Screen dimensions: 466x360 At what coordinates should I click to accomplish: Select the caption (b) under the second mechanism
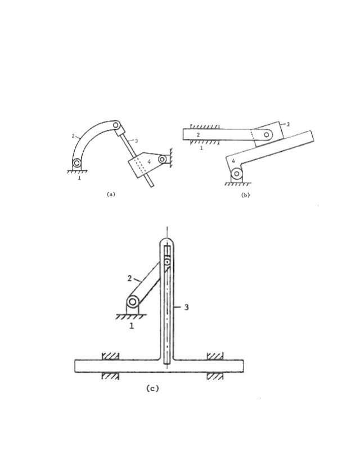coord(245,194)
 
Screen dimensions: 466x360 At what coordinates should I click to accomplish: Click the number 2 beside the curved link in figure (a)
coord(73,136)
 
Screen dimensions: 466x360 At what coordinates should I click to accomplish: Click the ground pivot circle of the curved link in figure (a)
coord(76,164)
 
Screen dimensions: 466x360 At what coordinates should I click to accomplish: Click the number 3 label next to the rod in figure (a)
coord(136,141)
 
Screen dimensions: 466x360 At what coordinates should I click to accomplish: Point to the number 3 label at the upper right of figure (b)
coord(288,124)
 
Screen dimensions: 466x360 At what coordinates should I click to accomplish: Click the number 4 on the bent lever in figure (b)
coord(234,161)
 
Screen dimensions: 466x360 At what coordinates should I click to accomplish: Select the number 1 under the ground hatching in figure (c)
coord(132,327)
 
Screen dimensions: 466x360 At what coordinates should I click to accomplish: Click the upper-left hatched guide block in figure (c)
coord(110,355)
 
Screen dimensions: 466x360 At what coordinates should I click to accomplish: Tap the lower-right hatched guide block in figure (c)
coord(215,376)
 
